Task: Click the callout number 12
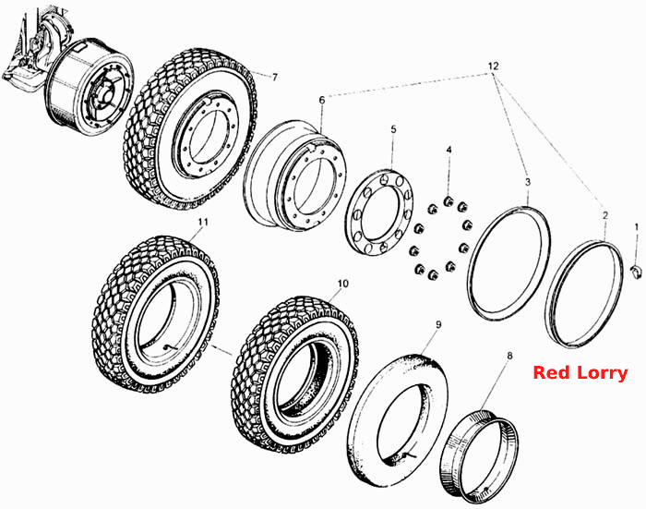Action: point(493,66)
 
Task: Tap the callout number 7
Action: point(275,77)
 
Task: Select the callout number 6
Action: point(322,100)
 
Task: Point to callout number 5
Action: point(393,129)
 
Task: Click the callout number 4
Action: point(449,150)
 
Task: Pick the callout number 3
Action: point(528,182)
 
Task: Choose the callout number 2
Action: point(604,215)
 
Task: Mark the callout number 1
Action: point(637,227)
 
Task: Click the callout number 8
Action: point(509,356)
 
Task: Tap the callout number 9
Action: point(438,324)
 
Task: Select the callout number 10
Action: point(342,284)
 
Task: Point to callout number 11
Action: point(202,222)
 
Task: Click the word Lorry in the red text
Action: point(603,374)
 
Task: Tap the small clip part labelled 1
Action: point(637,273)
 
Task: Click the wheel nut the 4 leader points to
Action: point(449,201)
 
